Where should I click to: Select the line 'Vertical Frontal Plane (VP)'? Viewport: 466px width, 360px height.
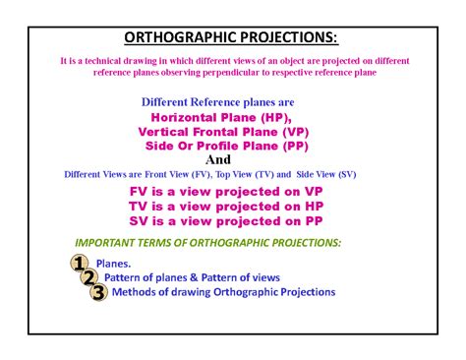pos(229,131)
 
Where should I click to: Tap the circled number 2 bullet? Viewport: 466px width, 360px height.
pos(89,277)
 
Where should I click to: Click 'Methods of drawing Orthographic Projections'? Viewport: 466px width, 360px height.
pos(224,292)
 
